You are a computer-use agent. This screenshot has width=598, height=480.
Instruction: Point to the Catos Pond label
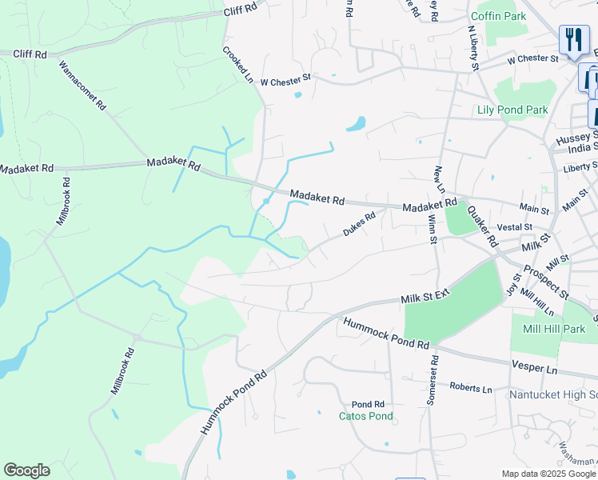(366, 416)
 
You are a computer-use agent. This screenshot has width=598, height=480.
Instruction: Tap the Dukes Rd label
(359, 225)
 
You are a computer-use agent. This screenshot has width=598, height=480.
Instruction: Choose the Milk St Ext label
(426, 297)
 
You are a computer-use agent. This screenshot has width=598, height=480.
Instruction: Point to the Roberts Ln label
(470, 388)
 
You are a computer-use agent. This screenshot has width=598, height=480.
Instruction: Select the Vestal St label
(508, 228)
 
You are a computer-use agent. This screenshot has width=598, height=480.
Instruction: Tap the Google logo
(26, 470)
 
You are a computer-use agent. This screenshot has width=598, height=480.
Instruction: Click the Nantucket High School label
(552, 394)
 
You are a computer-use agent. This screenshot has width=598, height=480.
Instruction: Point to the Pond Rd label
(368, 404)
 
